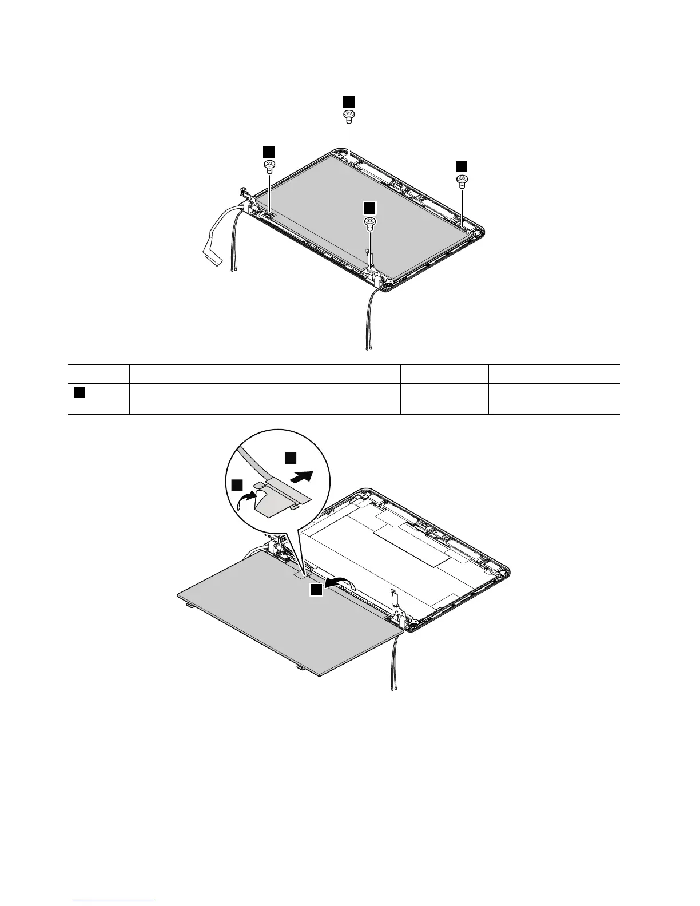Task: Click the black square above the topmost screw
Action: pos(348,101)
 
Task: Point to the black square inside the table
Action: pos(79,392)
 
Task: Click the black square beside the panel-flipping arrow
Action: pos(316,590)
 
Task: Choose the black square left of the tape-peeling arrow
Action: pos(236,485)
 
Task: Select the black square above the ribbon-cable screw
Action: pos(268,151)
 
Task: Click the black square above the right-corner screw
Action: pos(461,166)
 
